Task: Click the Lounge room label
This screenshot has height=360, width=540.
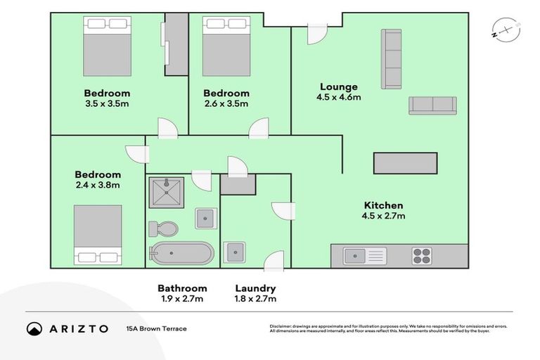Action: [x=338, y=87]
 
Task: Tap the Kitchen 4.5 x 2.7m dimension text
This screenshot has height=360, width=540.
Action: [x=383, y=216]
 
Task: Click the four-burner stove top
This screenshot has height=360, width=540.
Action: [x=422, y=255]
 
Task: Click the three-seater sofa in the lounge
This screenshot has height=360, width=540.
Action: [x=391, y=59]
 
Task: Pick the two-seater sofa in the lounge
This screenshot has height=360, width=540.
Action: [x=432, y=105]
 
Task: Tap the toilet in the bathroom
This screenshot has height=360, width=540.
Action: [x=164, y=229]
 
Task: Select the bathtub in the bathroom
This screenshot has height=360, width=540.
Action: [x=181, y=253]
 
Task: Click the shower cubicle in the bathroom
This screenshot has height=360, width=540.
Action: [x=167, y=193]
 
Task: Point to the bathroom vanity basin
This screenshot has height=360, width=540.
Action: [x=205, y=219]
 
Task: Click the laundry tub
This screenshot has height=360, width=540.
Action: [x=233, y=252]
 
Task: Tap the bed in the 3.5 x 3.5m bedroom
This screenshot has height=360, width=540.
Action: [x=107, y=46]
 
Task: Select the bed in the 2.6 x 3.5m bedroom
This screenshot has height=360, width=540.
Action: [x=226, y=46]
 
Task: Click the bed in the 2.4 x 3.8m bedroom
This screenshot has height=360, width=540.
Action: [x=98, y=235]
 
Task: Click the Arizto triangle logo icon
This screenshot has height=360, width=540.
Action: [x=34, y=328]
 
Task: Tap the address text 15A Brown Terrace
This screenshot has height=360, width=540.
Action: [x=157, y=328]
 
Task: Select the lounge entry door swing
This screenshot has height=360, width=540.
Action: [x=316, y=33]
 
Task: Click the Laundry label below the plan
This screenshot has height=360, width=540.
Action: [x=255, y=288]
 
